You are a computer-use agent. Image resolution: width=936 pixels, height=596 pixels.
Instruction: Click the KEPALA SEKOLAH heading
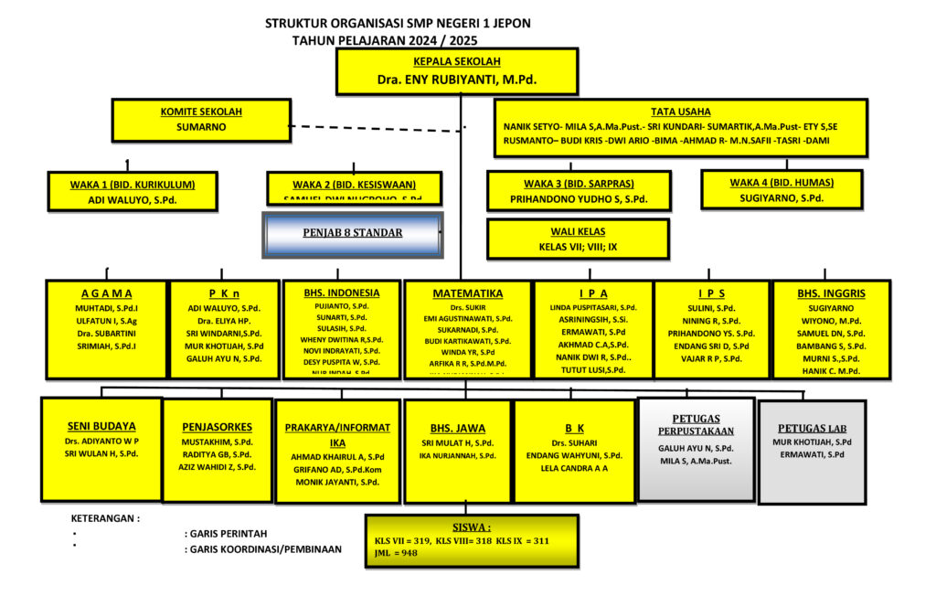457,61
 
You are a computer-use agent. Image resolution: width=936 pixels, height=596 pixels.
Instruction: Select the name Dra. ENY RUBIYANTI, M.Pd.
457,80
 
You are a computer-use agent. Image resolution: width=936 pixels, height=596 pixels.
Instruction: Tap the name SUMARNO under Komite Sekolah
201,127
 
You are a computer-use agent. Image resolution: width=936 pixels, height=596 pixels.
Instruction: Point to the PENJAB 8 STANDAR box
352,233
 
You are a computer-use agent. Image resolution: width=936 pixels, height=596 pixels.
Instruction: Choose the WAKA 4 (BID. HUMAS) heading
782,182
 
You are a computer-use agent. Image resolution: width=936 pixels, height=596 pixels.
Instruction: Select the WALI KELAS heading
579,231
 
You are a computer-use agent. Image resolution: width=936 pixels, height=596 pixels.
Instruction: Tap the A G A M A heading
106,293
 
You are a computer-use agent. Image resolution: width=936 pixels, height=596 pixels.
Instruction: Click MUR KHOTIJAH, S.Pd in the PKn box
225,346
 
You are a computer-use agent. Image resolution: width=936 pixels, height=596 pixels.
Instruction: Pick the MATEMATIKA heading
467,293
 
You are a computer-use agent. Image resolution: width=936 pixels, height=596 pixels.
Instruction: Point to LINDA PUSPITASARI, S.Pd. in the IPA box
593,307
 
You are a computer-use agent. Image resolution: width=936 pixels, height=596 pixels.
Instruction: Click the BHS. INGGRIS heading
831,293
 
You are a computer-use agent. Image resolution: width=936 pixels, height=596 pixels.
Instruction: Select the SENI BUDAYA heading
101,425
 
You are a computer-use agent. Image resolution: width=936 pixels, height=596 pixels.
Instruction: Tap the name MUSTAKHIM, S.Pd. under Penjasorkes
217,441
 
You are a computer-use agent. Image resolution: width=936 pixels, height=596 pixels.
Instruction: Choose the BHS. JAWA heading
457,427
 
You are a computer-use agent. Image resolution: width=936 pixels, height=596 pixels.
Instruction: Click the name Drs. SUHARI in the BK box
574,442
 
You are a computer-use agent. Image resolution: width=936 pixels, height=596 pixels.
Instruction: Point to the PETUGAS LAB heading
813,428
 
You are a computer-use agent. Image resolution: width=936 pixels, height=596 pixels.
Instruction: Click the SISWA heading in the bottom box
472,527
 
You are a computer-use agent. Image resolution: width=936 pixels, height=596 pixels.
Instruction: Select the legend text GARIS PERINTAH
228,534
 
